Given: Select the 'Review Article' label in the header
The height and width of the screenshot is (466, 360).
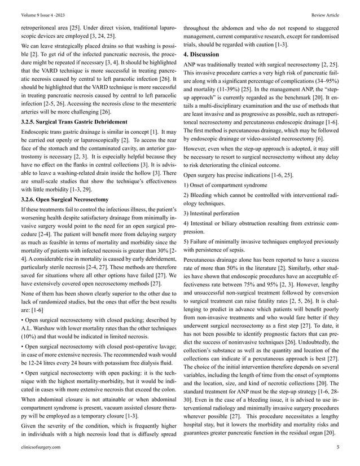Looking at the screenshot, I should click(x=325, y=15).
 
